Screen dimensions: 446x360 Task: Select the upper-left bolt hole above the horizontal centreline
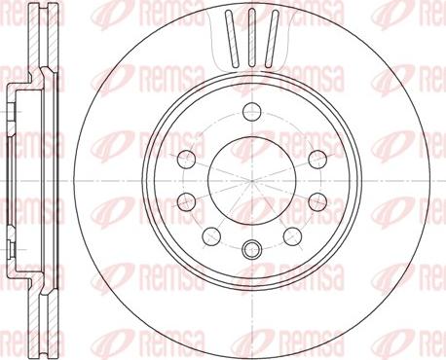(x=187, y=159)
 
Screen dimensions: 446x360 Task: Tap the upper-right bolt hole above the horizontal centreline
(x=317, y=159)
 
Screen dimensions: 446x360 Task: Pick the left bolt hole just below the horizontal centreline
(x=187, y=201)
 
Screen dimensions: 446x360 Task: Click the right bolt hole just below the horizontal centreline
(x=317, y=201)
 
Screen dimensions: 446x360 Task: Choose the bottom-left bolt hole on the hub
(x=211, y=236)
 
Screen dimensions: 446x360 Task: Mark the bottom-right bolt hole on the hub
(x=292, y=236)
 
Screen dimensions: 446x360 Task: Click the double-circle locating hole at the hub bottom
(x=252, y=249)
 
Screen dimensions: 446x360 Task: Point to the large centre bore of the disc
(x=252, y=180)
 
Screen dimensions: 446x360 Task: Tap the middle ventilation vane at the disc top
(x=252, y=38)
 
